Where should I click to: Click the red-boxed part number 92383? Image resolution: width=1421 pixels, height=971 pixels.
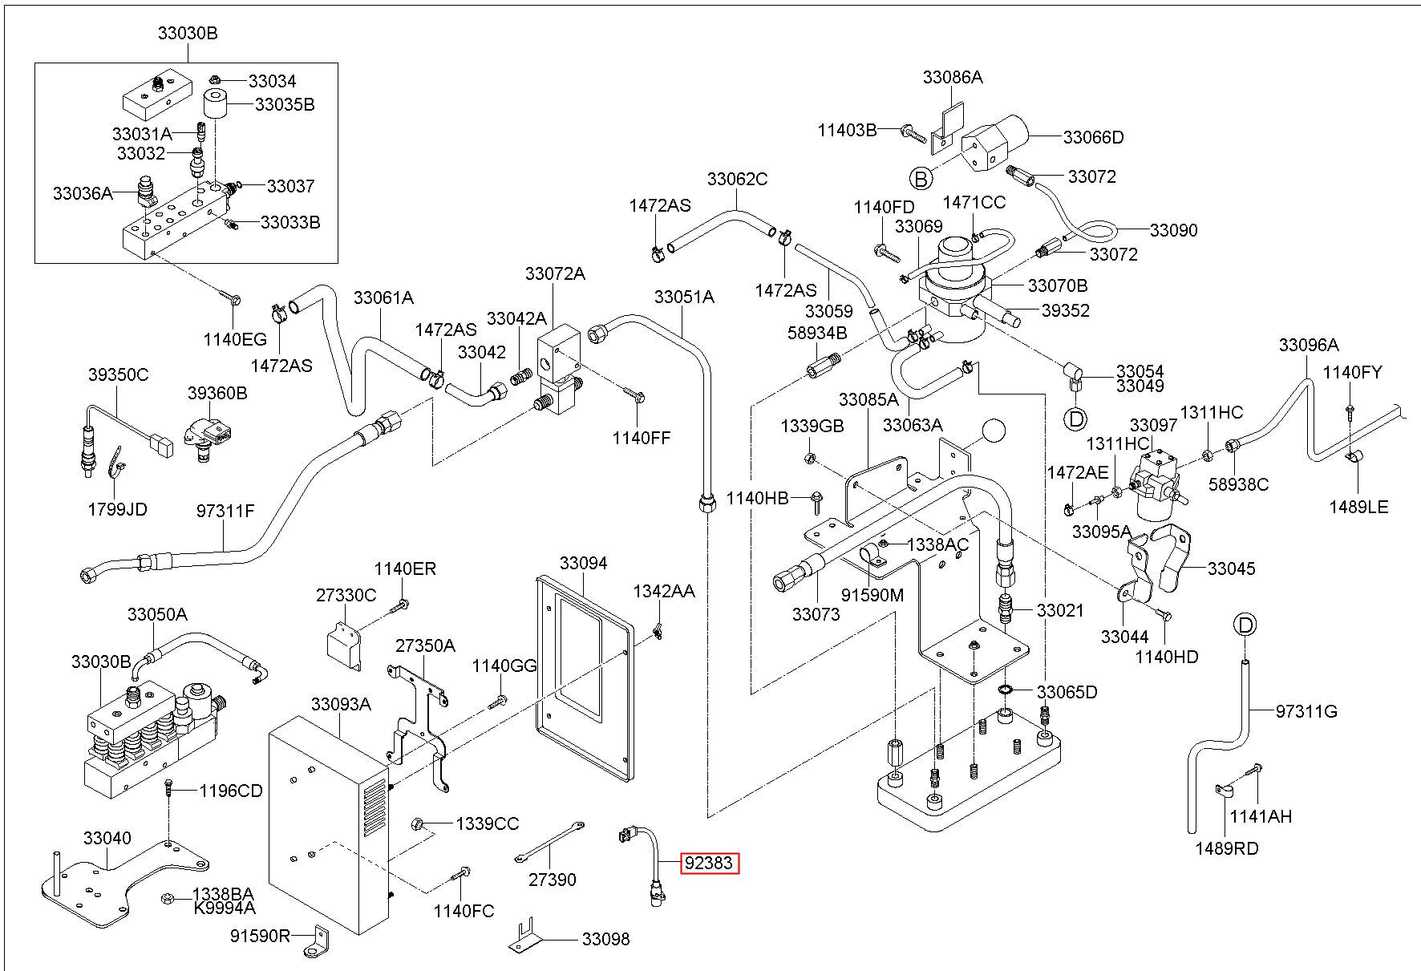pyautogui.click(x=709, y=864)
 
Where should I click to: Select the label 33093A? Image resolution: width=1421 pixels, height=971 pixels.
pyautogui.click(x=341, y=704)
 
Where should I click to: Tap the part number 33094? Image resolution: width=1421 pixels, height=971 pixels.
pyautogui.click(x=583, y=563)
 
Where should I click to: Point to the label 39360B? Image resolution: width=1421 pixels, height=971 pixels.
pyautogui.click(x=217, y=393)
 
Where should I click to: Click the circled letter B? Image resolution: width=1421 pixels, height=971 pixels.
pyautogui.click(x=921, y=179)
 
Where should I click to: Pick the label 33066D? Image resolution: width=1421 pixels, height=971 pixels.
pyautogui.click(x=1094, y=137)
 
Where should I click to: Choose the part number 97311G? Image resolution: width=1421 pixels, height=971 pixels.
pyautogui.click(x=1306, y=711)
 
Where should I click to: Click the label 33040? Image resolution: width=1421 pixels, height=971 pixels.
pyautogui.click(x=107, y=838)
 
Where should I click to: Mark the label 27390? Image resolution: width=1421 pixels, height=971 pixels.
pyautogui.click(x=553, y=880)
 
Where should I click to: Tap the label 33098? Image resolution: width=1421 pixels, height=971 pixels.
pyautogui.click(x=605, y=939)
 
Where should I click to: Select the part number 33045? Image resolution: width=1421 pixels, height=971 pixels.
pyautogui.click(x=1231, y=569)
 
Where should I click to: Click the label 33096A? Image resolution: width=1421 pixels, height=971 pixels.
pyautogui.click(x=1309, y=345)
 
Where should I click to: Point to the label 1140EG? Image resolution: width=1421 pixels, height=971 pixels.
pyautogui.click(x=235, y=338)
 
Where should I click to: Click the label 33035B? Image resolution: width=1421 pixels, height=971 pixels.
pyautogui.click(x=285, y=104)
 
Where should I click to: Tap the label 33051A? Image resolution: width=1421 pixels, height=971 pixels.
pyautogui.click(x=683, y=297)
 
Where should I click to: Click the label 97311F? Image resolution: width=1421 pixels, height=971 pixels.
pyautogui.click(x=225, y=510)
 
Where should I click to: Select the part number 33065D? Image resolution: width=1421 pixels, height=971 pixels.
pyautogui.click(x=1067, y=692)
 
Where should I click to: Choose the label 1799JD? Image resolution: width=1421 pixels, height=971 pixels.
pyautogui.click(x=117, y=509)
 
